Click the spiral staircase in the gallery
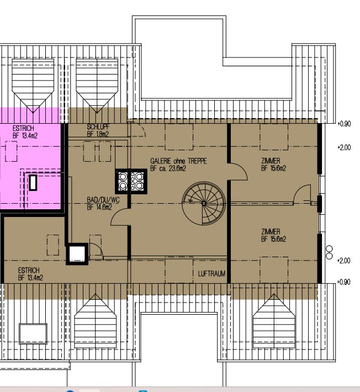click(204, 204)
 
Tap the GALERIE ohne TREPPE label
click(178, 161)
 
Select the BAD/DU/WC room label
click(103, 200)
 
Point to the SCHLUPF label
click(98, 127)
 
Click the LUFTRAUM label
click(211, 274)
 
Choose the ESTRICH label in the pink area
click(23, 128)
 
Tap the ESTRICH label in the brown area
click(29, 270)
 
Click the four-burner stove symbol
click(131, 181)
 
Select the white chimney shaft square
click(77, 254)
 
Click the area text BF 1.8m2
click(98, 134)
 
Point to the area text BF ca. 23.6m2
click(168, 168)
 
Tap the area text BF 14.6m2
click(99, 207)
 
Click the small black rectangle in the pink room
click(33, 183)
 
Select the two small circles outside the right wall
click(330, 252)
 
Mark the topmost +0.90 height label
click(344, 124)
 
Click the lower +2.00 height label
click(344, 261)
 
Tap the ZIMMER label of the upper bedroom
click(271, 161)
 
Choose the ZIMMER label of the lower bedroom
click(271, 231)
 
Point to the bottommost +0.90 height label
click(344, 282)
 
